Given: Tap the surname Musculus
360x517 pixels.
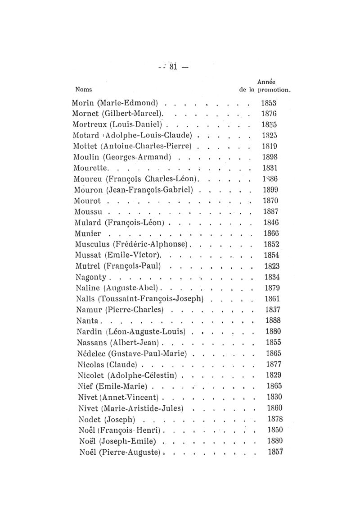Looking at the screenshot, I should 93,244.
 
